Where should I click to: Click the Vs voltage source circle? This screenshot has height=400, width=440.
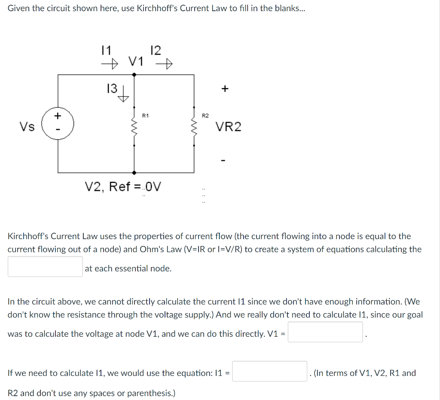pos(58,123)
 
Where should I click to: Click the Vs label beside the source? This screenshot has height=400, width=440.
pos(27,127)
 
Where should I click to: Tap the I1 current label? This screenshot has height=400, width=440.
pos(106,50)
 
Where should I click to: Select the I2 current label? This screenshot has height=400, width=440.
pos(156,50)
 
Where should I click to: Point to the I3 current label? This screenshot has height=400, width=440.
pos(111,89)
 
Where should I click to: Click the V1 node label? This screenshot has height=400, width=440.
pos(136,62)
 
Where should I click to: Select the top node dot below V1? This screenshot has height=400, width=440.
pos(134,74)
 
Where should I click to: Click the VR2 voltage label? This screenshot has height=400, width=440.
pos(228,127)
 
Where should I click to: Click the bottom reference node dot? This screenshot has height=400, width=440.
pos(134,172)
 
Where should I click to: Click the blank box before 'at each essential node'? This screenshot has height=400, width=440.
pos(45,267)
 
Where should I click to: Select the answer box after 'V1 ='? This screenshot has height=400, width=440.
pos(325,332)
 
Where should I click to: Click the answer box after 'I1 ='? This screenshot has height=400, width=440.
pos(270,371)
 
